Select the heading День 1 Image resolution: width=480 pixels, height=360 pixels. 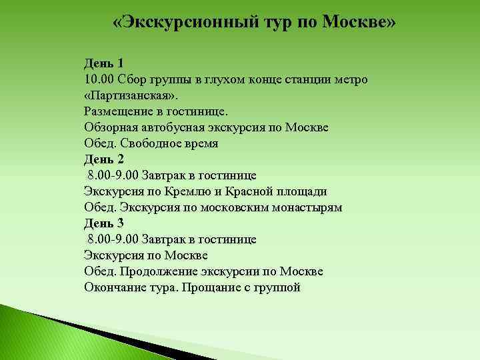click(104, 64)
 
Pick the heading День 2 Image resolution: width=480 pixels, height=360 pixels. click(104, 159)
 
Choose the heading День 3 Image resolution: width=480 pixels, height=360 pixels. click(104, 223)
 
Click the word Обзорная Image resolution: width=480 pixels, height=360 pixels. click(109, 128)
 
